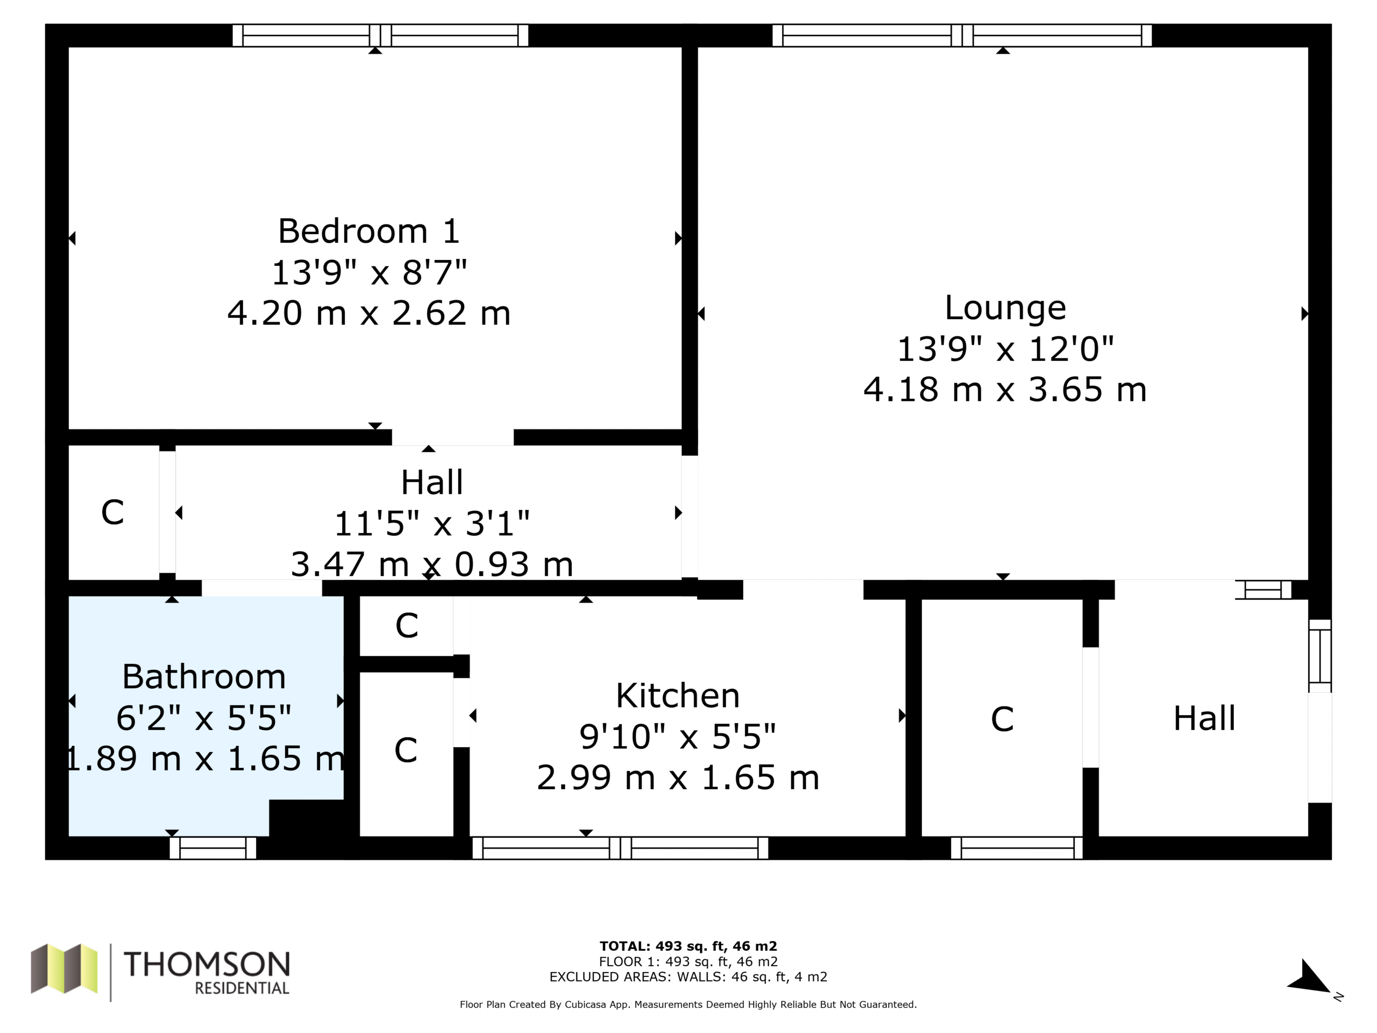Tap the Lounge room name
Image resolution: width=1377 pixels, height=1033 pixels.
click(x=1005, y=308)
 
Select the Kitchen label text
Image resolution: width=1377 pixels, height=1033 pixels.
click(x=677, y=696)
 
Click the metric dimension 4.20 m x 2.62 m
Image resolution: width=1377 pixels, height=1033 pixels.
click(x=368, y=313)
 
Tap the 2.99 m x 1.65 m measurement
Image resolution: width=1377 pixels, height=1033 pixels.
click(x=677, y=777)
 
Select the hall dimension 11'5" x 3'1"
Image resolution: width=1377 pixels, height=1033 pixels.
click(x=431, y=523)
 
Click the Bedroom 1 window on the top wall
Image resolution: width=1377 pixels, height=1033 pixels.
click(x=380, y=36)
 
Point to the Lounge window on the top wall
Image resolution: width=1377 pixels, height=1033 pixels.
click(x=962, y=36)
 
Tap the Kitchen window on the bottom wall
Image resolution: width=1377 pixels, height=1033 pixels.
click(x=620, y=848)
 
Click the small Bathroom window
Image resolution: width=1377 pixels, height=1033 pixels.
click(x=213, y=848)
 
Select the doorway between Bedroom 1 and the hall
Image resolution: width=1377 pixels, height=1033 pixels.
click(x=452, y=437)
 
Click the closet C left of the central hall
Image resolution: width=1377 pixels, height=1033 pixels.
click(x=112, y=512)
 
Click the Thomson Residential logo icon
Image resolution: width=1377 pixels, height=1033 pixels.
click(x=64, y=969)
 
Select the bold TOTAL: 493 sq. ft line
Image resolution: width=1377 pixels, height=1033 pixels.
click(x=688, y=946)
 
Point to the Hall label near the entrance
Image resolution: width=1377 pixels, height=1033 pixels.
click(x=1204, y=718)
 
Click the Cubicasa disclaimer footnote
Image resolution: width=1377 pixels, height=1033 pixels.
click(x=688, y=1004)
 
